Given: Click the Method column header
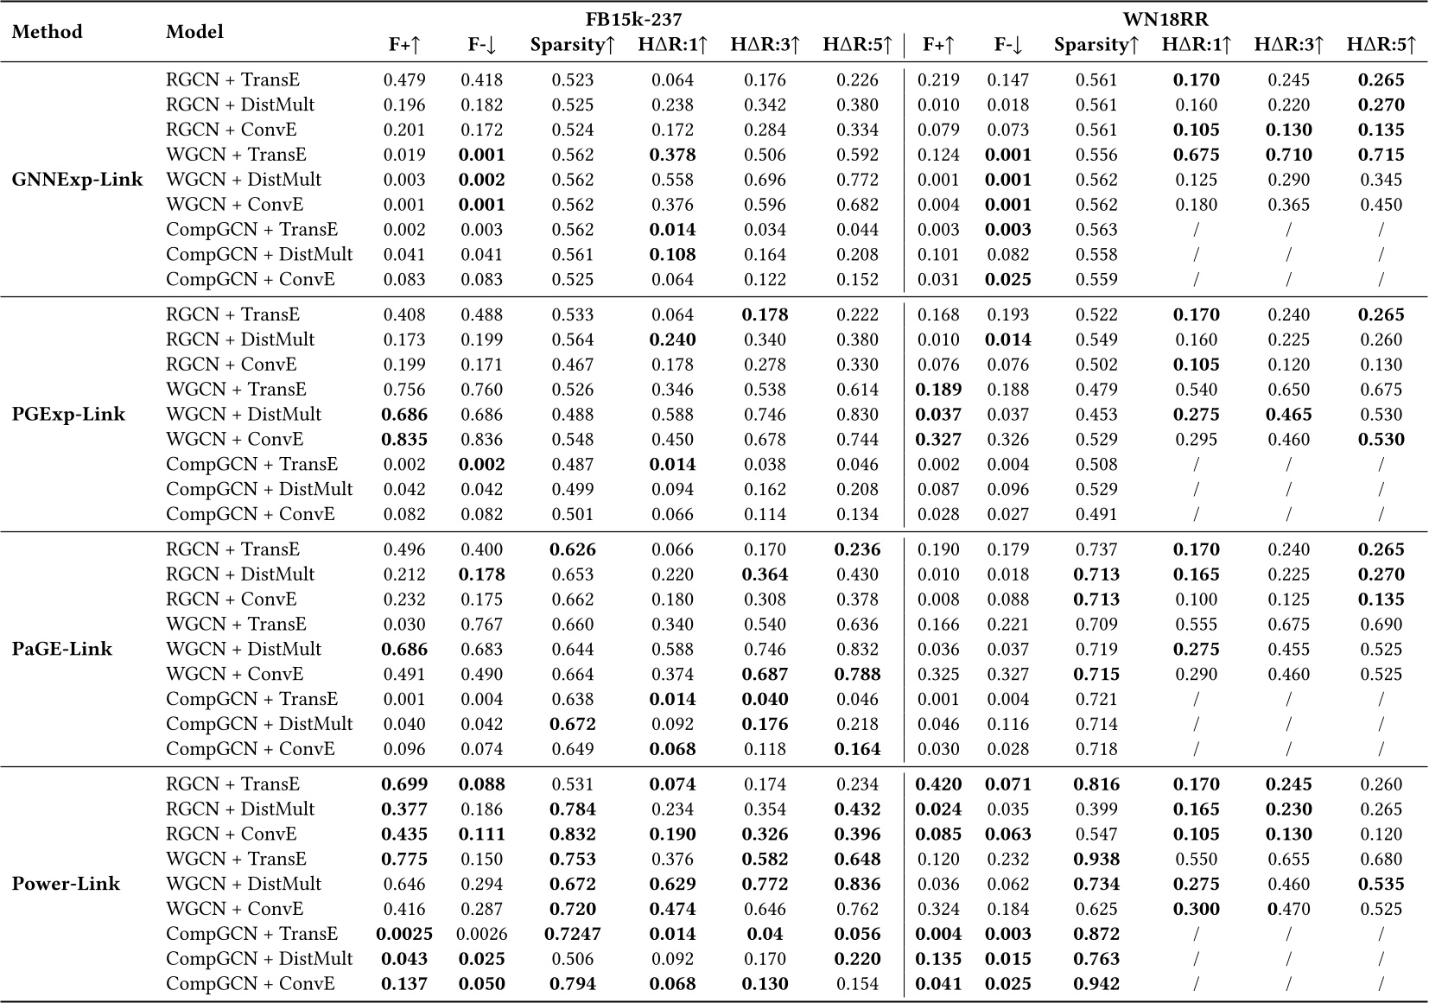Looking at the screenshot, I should (48, 32).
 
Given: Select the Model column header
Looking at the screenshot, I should (194, 32).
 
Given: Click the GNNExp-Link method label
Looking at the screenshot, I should (77, 180).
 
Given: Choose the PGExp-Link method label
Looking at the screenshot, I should (68, 415).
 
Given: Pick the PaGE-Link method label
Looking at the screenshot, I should (61, 649).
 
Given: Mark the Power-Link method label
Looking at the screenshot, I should (66, 884).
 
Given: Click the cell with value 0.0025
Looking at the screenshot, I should (404, 934).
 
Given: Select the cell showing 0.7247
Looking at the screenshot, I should (574, 934).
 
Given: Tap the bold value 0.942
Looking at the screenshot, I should (1096, 984).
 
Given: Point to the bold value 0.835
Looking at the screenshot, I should (404, 440).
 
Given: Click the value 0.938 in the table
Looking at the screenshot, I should (1096, 860).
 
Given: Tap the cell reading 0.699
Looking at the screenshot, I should (404, 784).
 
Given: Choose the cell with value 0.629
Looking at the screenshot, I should (672, 884).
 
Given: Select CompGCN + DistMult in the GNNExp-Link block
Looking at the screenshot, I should (259, 255).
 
